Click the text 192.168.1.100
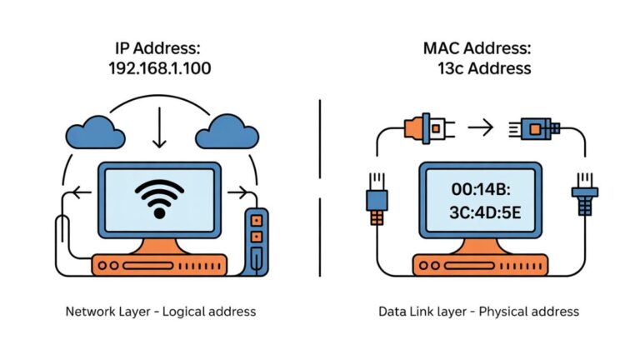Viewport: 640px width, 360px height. point(159,68)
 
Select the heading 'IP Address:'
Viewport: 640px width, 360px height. point(159,47)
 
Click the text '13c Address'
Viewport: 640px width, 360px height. point(484,68)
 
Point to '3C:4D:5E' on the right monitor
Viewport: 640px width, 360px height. point(480,212)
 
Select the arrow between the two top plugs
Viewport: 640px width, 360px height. point(480,127)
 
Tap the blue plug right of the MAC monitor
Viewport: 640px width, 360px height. point(580,198)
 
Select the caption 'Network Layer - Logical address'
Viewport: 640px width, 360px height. point(160,312)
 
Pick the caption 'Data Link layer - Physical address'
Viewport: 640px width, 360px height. point(478,312)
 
